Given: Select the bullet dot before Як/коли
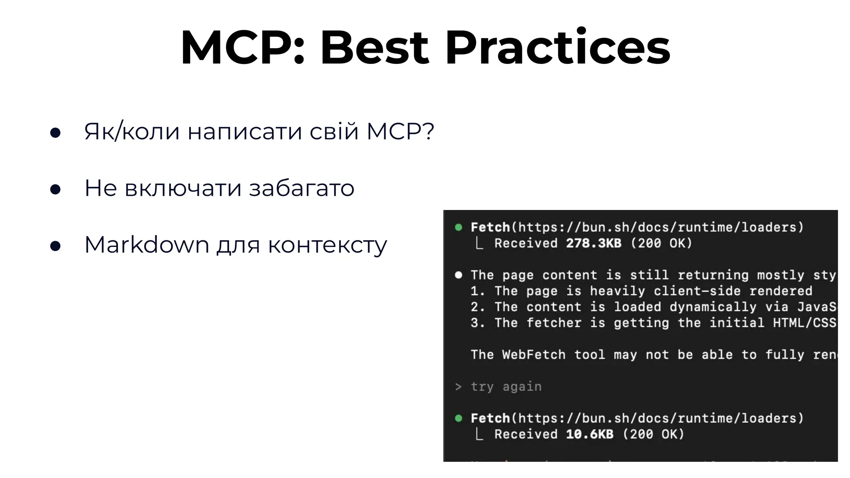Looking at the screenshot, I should click(x=55, y=133).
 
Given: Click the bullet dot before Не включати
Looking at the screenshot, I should click(x=55, y=189).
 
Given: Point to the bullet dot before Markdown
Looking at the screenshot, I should click(x=55, y=246).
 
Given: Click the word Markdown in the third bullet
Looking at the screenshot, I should click(x=146, y=245).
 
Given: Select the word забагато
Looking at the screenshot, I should click(x=301, y=188).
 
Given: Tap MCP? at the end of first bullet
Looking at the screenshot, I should click(x=400, y=132).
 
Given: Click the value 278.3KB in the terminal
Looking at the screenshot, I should click(x=594, y=243).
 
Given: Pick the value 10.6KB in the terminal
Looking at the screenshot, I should click(x=589, y=434).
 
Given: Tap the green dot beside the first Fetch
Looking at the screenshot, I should click(x=459, y=227).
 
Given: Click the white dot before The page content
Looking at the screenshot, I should click(x=459, y=275).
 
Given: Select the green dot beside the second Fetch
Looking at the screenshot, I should click(x=459, y=418).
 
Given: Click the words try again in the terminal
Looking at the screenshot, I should click(x=506, y=387).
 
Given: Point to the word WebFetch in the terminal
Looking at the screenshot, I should click(x=533, y=355).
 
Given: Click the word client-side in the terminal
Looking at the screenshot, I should click(x=697, y=291).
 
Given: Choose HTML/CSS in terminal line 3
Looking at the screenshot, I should click(x=804, y=323).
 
